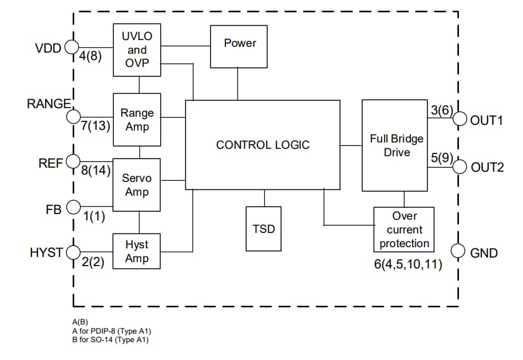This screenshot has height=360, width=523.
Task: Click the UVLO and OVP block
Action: point(137,50)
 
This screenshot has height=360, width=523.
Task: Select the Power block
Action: point(240,46)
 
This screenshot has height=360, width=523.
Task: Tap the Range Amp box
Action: point(137,120)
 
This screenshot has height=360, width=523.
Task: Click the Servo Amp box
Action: point(137,185)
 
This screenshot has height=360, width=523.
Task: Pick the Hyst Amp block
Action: point(137,251)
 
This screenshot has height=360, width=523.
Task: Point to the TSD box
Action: point(264,228)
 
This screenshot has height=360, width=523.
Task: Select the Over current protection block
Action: point(404,230)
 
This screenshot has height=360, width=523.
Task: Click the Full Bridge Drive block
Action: point(394,145)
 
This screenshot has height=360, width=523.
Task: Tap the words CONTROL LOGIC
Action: point(263,145)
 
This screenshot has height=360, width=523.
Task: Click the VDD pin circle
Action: point(71,48)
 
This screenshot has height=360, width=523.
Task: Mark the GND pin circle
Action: point(458,251)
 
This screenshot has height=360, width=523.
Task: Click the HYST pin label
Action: point(46,252)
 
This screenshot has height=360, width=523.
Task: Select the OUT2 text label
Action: point(487,168)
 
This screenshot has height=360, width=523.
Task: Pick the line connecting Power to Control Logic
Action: point(239,84)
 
